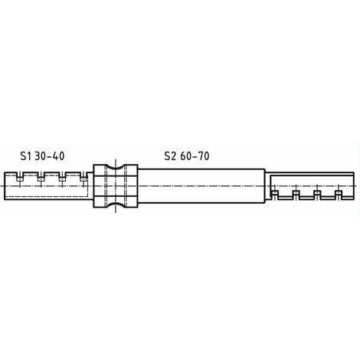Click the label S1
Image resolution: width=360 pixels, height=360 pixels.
click(x=25, y=156)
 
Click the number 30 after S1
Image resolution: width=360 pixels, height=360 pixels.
click(x=41, y=156)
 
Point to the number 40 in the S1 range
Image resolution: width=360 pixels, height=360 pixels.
click(x=58, y=156)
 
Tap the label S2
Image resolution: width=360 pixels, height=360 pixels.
click(x=170, y=156)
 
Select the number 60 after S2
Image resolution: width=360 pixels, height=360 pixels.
click(x=186, y=156)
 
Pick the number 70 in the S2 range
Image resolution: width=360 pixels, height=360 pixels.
click(x=203, y=156)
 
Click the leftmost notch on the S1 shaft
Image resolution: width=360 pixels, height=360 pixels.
click(x=19, y=177)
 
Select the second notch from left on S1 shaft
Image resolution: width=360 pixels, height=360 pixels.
click(x=41, y=177)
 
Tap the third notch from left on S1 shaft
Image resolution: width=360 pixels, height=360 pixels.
click(x=62, y=177)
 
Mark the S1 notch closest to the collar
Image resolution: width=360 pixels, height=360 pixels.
click(x=83, y=177)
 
